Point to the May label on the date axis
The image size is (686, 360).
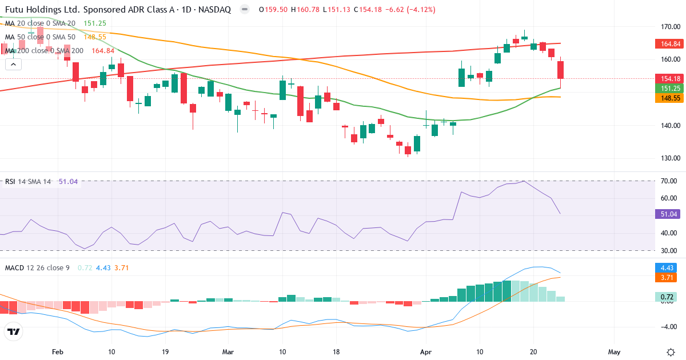(x=615, y=352)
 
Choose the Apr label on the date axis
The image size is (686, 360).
(x=426, y=352)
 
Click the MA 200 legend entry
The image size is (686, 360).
(x=45, y=51)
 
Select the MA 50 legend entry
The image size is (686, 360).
(x=40, y=37)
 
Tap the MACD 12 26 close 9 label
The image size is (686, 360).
(x=37, y=267)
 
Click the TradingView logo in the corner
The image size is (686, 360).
(x=14, y=331)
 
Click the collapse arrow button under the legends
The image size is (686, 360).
(x=13, y=65)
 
